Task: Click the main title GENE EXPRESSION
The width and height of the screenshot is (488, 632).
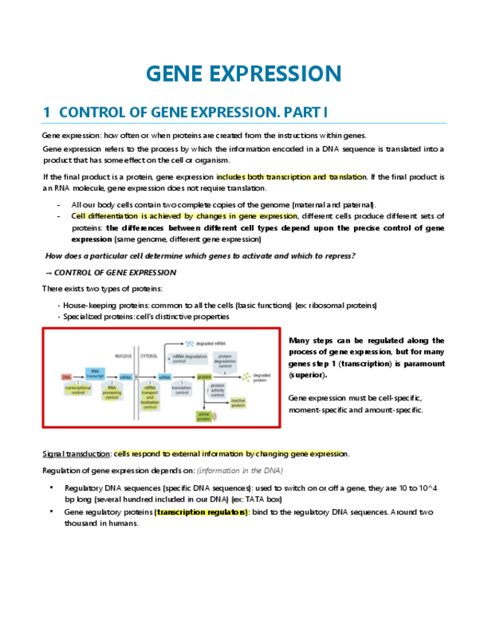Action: pyautogui.click(x=244, y=74)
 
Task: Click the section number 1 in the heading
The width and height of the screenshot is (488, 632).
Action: pyautogui.click(x=46, y=113)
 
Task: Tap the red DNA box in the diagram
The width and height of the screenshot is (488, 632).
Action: pyautogui.click(x=66, y=377)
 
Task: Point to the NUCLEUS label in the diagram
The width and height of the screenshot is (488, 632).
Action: pyautogui.click(x=124, y=356)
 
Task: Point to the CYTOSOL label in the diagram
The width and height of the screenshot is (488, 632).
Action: pyautogui.click(x=149, y=356)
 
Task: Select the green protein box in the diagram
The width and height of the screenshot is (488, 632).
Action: pyautogui.click(x=204, y=377)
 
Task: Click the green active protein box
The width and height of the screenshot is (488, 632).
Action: pyautogui.click(x=203, y=417)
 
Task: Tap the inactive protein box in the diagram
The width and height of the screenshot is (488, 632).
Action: pyautogui.click(x=238, y=402)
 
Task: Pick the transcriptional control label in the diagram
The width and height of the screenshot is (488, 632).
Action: pyautogui.click(x=77, y=391)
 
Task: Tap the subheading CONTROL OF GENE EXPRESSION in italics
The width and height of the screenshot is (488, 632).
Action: pyautogui.click(x=115, y=273)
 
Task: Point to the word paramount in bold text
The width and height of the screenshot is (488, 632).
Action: pyautogui.click(x=426, y=364)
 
